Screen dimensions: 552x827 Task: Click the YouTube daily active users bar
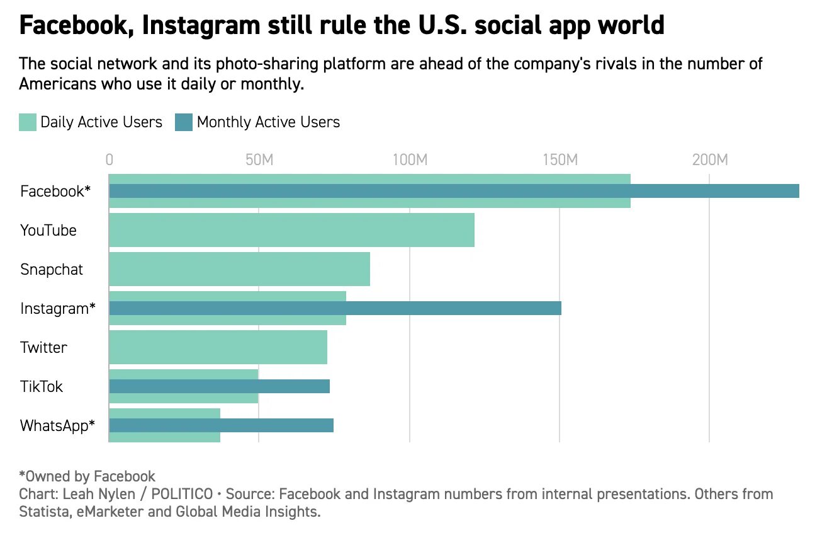291,230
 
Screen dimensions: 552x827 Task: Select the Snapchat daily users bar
239,269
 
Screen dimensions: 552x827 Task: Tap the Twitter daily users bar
218,347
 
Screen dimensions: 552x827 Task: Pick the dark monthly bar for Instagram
335,308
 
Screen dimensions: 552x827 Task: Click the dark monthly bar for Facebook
454,191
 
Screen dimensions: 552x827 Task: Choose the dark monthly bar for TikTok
219,386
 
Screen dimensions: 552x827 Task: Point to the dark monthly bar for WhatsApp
221,425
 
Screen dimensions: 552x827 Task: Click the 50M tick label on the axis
259,159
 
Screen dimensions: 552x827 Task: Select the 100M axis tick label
410,159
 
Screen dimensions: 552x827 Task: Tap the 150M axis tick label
560,159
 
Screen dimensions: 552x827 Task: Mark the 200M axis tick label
710,159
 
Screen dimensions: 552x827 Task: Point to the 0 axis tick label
110,159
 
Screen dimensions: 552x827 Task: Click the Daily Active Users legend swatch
28,122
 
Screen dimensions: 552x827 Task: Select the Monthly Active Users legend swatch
184,122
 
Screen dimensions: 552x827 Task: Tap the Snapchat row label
52,270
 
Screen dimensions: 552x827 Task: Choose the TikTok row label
42,386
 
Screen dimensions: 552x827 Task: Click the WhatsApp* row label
57,425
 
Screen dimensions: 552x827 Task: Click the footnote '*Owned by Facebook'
87,476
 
